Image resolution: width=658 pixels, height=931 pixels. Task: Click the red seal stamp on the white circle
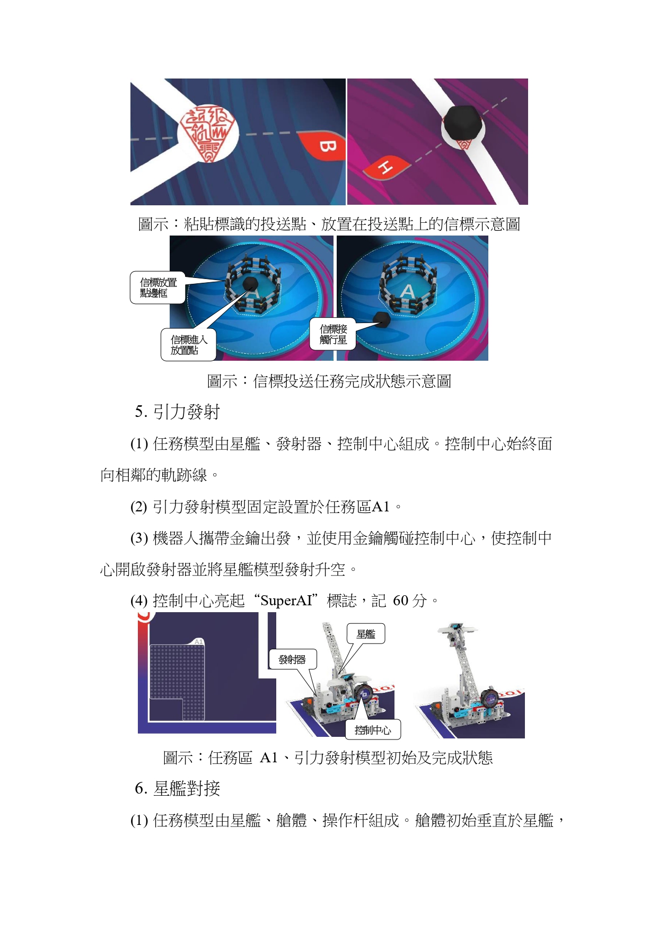coord(207,133)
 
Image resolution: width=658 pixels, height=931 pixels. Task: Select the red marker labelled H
coord(385,168)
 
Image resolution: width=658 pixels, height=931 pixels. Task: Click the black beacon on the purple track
coord(463,121)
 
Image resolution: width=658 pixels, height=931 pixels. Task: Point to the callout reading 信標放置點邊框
coord(158,288)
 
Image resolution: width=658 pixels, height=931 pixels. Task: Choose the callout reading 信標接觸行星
coord(333,334)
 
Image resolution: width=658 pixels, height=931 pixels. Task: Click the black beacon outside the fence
coord(382,318)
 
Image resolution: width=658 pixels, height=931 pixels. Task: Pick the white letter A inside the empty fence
coord(407,291)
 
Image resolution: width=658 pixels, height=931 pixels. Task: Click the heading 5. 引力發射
coord(177,412)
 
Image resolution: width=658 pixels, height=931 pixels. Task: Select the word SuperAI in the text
coord(286,601)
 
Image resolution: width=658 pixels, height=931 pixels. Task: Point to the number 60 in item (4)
coord(400,601)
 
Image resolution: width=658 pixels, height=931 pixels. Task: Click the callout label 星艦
coord(366,634)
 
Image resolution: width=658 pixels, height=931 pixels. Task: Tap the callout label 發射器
coord(293,659)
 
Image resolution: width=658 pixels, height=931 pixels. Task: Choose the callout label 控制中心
coord(373,730)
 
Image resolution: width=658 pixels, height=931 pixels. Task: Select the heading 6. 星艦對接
coord(177,789)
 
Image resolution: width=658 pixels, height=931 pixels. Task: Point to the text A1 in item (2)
coord(381,507)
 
